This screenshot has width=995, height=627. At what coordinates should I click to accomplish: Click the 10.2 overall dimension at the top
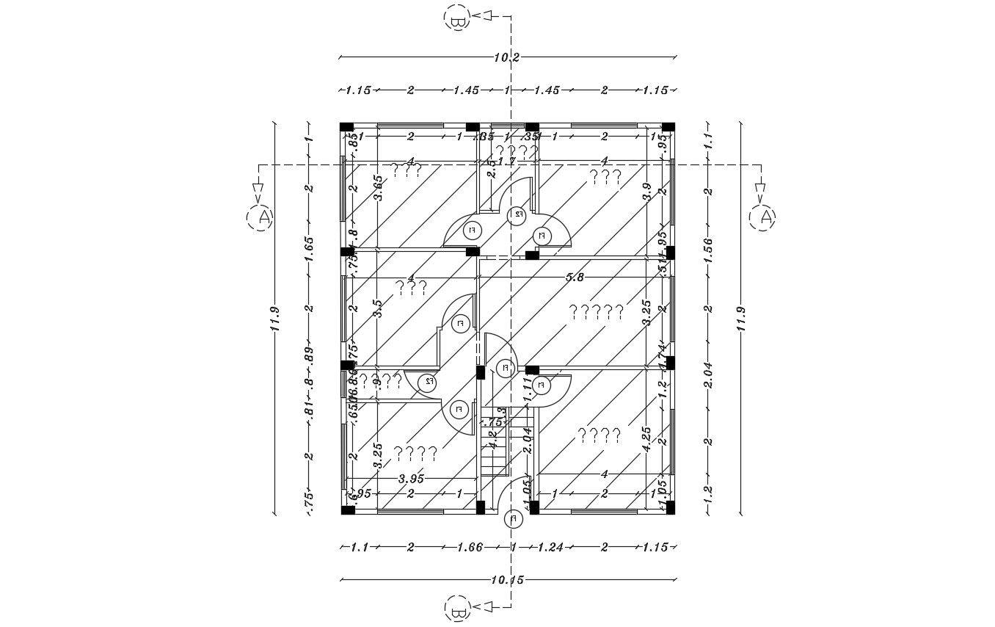tap(507, 57)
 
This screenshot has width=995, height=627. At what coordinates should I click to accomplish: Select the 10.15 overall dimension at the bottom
tap(507, 580)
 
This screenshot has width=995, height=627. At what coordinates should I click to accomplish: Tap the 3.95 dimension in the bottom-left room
tap(411, 478)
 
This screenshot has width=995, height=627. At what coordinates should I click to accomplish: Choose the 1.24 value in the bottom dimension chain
tap(550, 547)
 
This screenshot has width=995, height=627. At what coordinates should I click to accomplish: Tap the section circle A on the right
tap(763, 217)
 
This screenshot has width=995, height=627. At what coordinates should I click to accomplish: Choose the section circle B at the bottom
tap(456, 609)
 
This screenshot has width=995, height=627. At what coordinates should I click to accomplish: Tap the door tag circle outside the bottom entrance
tap(514, 520)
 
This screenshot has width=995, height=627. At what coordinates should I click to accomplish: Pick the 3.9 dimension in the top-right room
tap(646, 192)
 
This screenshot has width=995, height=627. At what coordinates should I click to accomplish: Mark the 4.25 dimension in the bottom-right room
tap(646, 439)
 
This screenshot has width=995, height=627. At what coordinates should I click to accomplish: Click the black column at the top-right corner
tap(668, 127)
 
